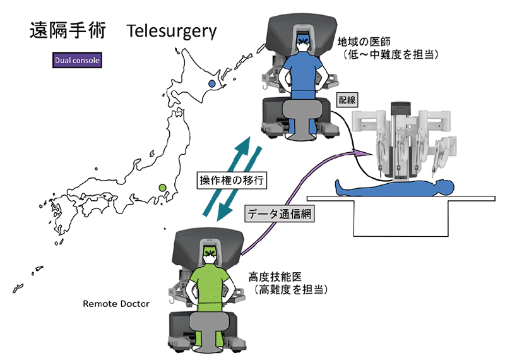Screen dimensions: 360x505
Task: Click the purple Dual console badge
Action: (76, 61)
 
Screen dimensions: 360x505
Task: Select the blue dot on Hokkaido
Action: (212, 83)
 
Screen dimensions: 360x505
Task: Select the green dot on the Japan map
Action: (163, 188)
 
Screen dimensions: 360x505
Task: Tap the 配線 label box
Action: (347, 100)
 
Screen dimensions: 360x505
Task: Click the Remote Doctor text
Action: (116, 304)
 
